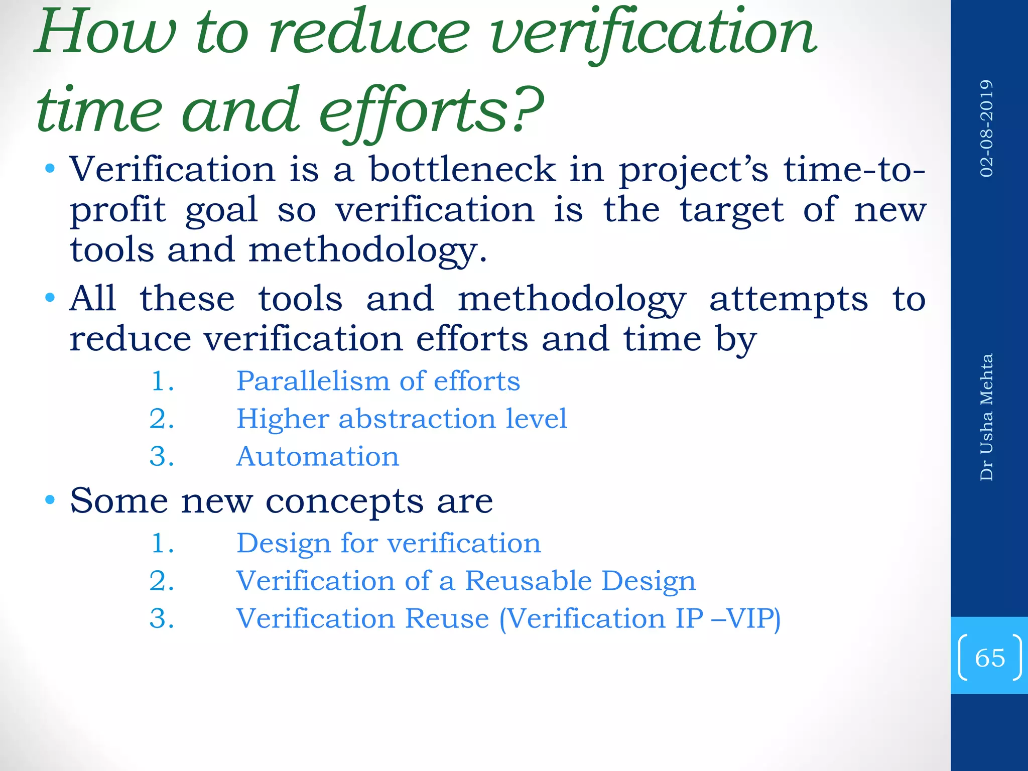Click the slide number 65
click(x=989, y=658)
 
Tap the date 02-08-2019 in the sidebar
click(x=987, y=128)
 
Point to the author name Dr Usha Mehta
click(x=987, y=417)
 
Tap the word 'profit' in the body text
click(x=118, y=210)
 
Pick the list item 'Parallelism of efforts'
click(x=378, y=381)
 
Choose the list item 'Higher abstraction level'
click(x=402, y=419)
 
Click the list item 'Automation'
click(x=318, y=457)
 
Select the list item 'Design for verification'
click(x=389, y=544)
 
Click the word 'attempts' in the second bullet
click(x=788, y=299)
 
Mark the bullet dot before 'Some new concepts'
click(x=50, y=500)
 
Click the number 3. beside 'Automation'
click(x=162, y=457)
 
